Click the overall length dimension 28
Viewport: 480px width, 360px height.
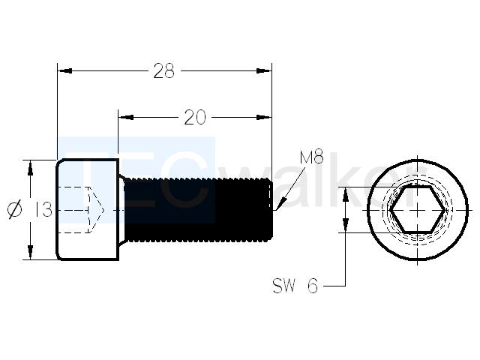[x=163, y=71]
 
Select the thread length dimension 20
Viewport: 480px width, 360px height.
[x=195, y=118]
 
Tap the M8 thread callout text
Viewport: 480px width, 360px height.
[x=312, y=158]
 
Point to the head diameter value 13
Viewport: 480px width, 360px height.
[x=43, y=210]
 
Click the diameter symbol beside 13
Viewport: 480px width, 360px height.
[x=15, y=210]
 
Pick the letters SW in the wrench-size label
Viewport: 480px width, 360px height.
[x=284, y=286]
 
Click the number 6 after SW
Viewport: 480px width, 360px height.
[x=313, y=286]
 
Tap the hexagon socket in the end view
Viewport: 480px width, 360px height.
[x=418, y=210]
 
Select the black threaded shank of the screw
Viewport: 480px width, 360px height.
[x=198, y=210]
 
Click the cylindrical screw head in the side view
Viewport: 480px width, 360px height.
[x=87, y=210]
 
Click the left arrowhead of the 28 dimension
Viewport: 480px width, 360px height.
[x=65, y=71]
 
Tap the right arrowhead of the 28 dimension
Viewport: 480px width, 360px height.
[x=264, y=71]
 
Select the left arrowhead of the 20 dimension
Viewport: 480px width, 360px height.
[x=126, y=118]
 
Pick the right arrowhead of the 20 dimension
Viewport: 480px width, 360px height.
[x=264, y=118]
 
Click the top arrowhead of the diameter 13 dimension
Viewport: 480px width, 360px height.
[x=30, y=168]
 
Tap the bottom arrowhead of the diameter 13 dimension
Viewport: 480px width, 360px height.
[x=30, y=252]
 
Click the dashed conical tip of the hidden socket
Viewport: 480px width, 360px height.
[x=96, y=210]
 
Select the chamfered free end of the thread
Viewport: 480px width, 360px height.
[x=270, y=210]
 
